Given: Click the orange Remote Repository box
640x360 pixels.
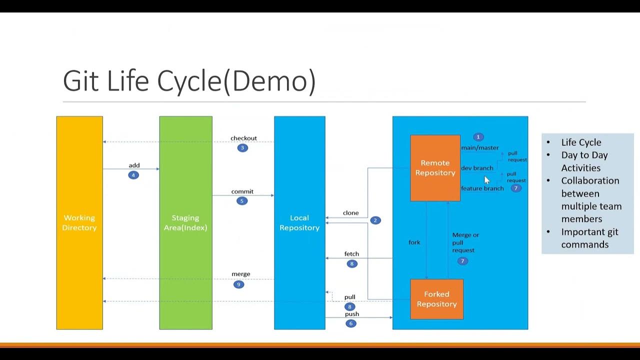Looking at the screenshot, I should point(435,168).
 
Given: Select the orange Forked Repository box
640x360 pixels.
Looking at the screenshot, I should point(436,299).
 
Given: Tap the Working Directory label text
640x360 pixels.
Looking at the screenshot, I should point(79,222).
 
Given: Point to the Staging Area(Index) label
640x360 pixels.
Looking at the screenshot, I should point(185,222).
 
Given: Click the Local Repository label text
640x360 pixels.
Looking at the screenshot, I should point(299,222).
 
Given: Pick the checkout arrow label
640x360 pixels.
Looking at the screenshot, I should point(243,138).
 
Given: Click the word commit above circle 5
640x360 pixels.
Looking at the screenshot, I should point(242,191).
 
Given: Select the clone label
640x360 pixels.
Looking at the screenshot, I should point(350,212).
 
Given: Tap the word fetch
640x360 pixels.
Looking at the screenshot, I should point(351,254).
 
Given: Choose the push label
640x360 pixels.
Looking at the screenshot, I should point(351,314).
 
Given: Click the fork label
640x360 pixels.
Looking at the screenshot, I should point(414,242).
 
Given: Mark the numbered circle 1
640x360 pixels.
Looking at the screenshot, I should point(478,137).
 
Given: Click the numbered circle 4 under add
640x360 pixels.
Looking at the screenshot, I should point(133,175).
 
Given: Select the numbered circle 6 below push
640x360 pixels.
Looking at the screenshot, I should point(350,323).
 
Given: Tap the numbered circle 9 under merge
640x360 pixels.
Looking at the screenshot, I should point(238,284).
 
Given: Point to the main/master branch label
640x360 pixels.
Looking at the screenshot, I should point(479,147).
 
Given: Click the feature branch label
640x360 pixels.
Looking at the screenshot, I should point(482,188).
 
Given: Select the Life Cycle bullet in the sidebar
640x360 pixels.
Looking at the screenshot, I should point(581,142).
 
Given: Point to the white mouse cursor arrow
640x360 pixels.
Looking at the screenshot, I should point(487,180).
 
